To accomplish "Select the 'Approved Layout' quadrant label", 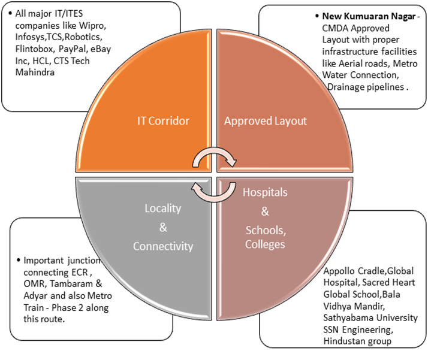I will [x=265, y=121].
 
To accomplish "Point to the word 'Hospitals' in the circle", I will [x=264, y=193].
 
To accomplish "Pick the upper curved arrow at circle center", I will [x=214, y=158].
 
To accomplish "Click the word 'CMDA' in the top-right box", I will [x=335, y=29].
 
